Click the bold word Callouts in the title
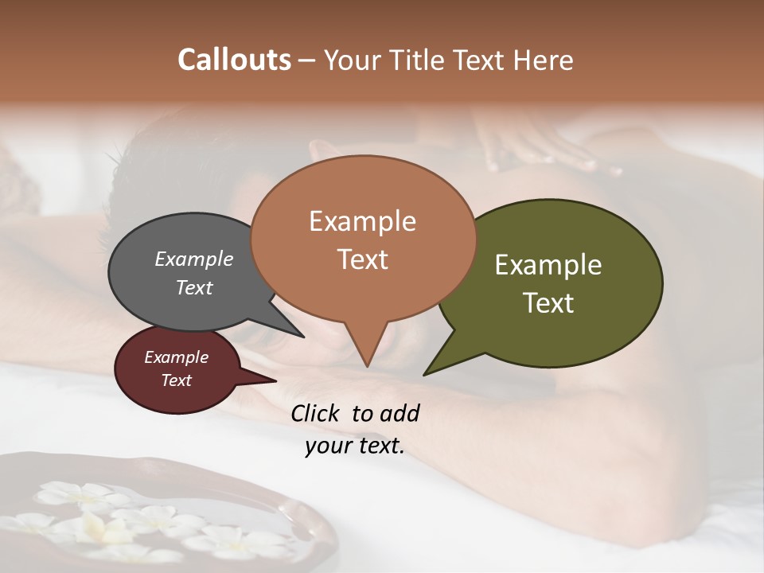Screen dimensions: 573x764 (x=234, y=60)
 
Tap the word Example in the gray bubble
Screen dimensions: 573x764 (x=194, y=259)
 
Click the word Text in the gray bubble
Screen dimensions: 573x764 (x=194, y=287)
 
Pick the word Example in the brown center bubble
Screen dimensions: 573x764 (x=362, y=221)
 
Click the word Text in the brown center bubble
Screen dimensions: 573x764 (x=362, y=259)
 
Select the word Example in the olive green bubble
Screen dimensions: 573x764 (x=548, y=265)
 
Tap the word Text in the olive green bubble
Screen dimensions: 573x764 (x=548, y=302)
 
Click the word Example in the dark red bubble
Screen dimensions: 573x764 (x=177, y=357)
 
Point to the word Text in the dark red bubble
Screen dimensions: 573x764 (x=177, y=380)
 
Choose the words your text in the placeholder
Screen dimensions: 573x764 (x=355, y=446)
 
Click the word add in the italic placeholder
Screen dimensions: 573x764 (x=400, y=413)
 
